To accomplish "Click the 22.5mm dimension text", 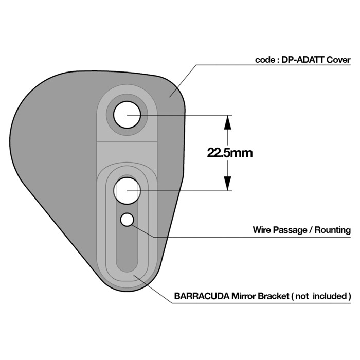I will (x=230, y=153).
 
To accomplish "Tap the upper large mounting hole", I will (x=127, y=115).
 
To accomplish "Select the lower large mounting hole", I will (x=127, y=190).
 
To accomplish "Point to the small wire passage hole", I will (x=127, y=220).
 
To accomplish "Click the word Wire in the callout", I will (x=263, y=230).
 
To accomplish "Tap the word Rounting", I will (x=332, y=230).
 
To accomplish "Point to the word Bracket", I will (x=275, y=296).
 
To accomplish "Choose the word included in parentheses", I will (x=329, y=296).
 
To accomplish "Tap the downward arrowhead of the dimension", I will (x=227, y=184).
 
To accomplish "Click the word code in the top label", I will (x=265, y=60).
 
